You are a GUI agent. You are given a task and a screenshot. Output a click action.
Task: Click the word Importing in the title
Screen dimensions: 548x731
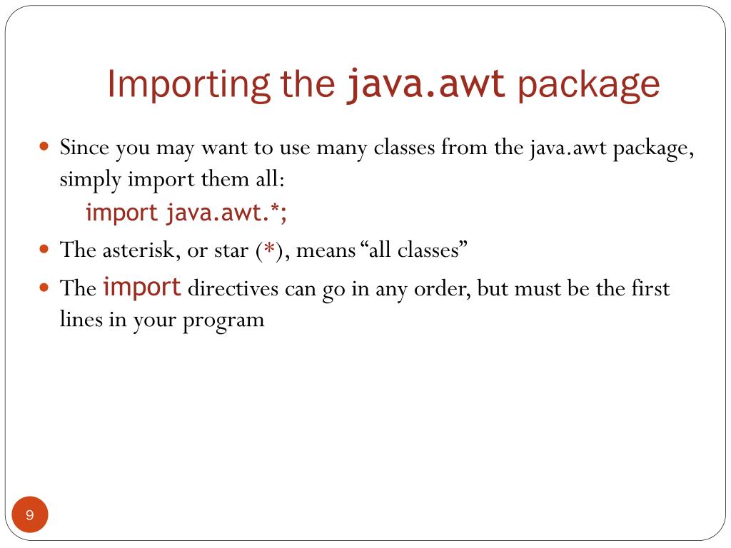pos(186,85)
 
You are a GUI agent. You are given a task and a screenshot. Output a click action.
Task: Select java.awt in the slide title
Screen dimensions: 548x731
pos(426,85)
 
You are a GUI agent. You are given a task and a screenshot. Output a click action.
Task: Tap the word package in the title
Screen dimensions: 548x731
pos(589,85)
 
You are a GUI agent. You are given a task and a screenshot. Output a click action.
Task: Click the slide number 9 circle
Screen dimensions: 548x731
pos(30,515)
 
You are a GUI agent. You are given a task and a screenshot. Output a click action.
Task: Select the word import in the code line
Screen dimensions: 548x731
pos(121,213)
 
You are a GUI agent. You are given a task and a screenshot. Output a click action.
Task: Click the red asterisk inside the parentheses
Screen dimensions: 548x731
pos(269,250)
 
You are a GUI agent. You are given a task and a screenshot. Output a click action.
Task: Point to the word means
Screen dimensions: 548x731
pos(330,250)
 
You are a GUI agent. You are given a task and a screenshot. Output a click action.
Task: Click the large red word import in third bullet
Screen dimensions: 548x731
pos(142,288)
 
